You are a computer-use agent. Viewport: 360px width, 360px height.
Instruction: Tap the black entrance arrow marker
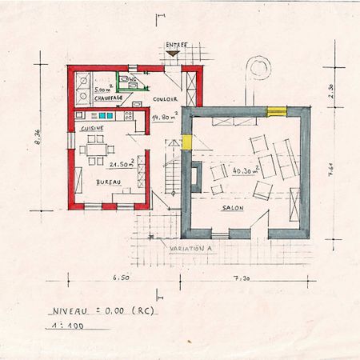tap(171, 54)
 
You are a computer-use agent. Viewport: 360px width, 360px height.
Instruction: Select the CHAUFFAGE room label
tap(107, 98)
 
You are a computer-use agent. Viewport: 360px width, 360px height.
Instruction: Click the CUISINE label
tap(90, 127)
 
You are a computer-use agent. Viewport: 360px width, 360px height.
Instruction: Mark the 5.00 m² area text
tap(103, 90)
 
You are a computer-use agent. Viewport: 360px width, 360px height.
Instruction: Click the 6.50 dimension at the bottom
tap(121, 278)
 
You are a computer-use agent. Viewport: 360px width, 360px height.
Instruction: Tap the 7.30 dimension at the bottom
tap(242, 278)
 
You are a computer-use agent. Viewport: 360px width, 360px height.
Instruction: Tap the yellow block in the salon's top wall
tap(275, 110)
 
